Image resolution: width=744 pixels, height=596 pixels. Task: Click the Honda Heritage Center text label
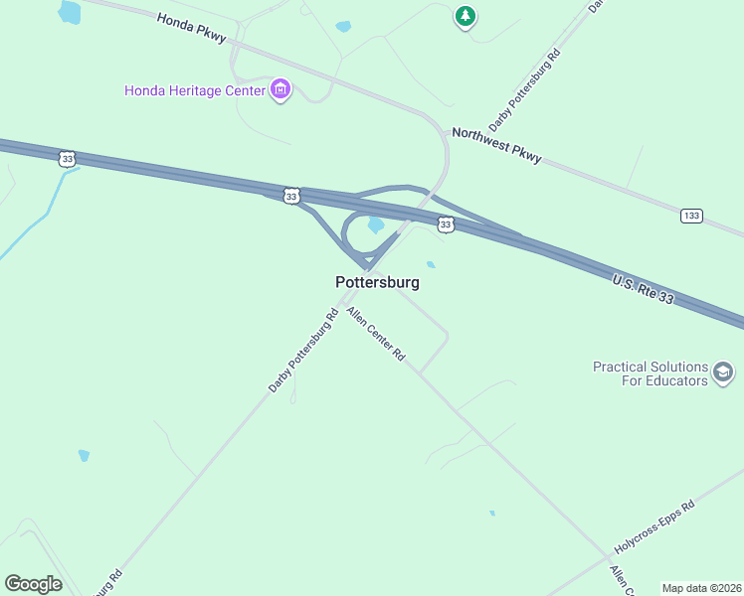(195, 90)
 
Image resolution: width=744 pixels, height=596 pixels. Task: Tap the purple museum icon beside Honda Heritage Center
(280, 90)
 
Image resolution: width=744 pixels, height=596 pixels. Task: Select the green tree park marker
(465, 16)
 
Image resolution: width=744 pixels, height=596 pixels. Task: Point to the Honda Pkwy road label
(192, 27)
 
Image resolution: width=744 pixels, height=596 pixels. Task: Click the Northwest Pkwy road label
(496, 144)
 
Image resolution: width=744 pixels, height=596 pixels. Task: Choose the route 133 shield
(692, 216)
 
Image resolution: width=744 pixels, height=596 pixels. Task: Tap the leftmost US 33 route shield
(67, 158)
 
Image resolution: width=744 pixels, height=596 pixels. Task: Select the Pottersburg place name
(377, 282)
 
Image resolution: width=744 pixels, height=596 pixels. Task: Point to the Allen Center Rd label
(376, 334)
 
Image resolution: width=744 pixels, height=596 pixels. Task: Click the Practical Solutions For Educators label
(650, 373)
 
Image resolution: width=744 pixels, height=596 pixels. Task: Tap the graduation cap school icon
(723, 373)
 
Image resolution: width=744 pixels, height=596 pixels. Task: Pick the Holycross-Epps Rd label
(653, 527)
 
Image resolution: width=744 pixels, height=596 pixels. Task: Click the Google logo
(33, 584)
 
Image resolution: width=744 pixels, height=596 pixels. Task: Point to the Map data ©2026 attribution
(701, 588)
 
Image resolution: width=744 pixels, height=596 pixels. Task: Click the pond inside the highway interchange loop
(376, 225)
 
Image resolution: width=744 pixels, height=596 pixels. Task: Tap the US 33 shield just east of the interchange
(446, 225)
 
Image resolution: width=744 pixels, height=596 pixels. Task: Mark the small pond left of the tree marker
(343, 27)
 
